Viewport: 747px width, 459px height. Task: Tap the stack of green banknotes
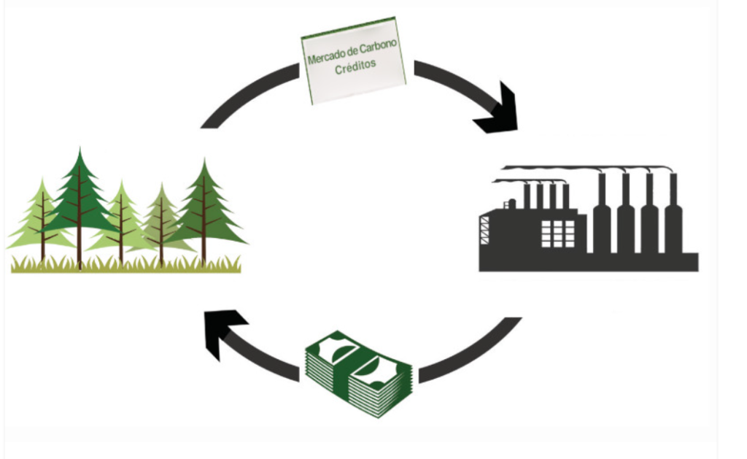pos(358,373)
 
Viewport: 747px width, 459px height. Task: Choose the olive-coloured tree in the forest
pos(161,219)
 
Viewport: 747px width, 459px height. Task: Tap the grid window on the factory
pos(557,234)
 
